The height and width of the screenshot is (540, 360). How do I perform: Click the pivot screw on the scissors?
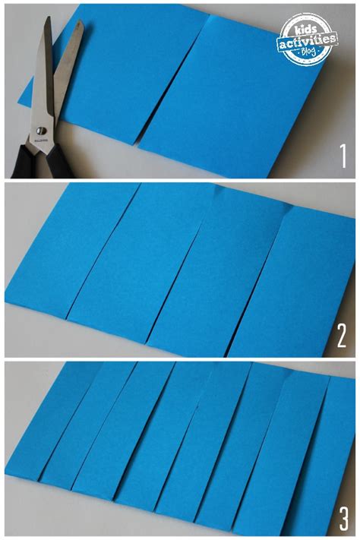click(x=37, y=133)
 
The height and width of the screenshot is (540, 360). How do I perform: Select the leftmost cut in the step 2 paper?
click(x=102, y=251)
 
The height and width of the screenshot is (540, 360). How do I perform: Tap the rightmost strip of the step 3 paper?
click(x=334, y=448)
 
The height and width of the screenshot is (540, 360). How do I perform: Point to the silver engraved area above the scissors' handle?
click(x=37, y=144)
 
